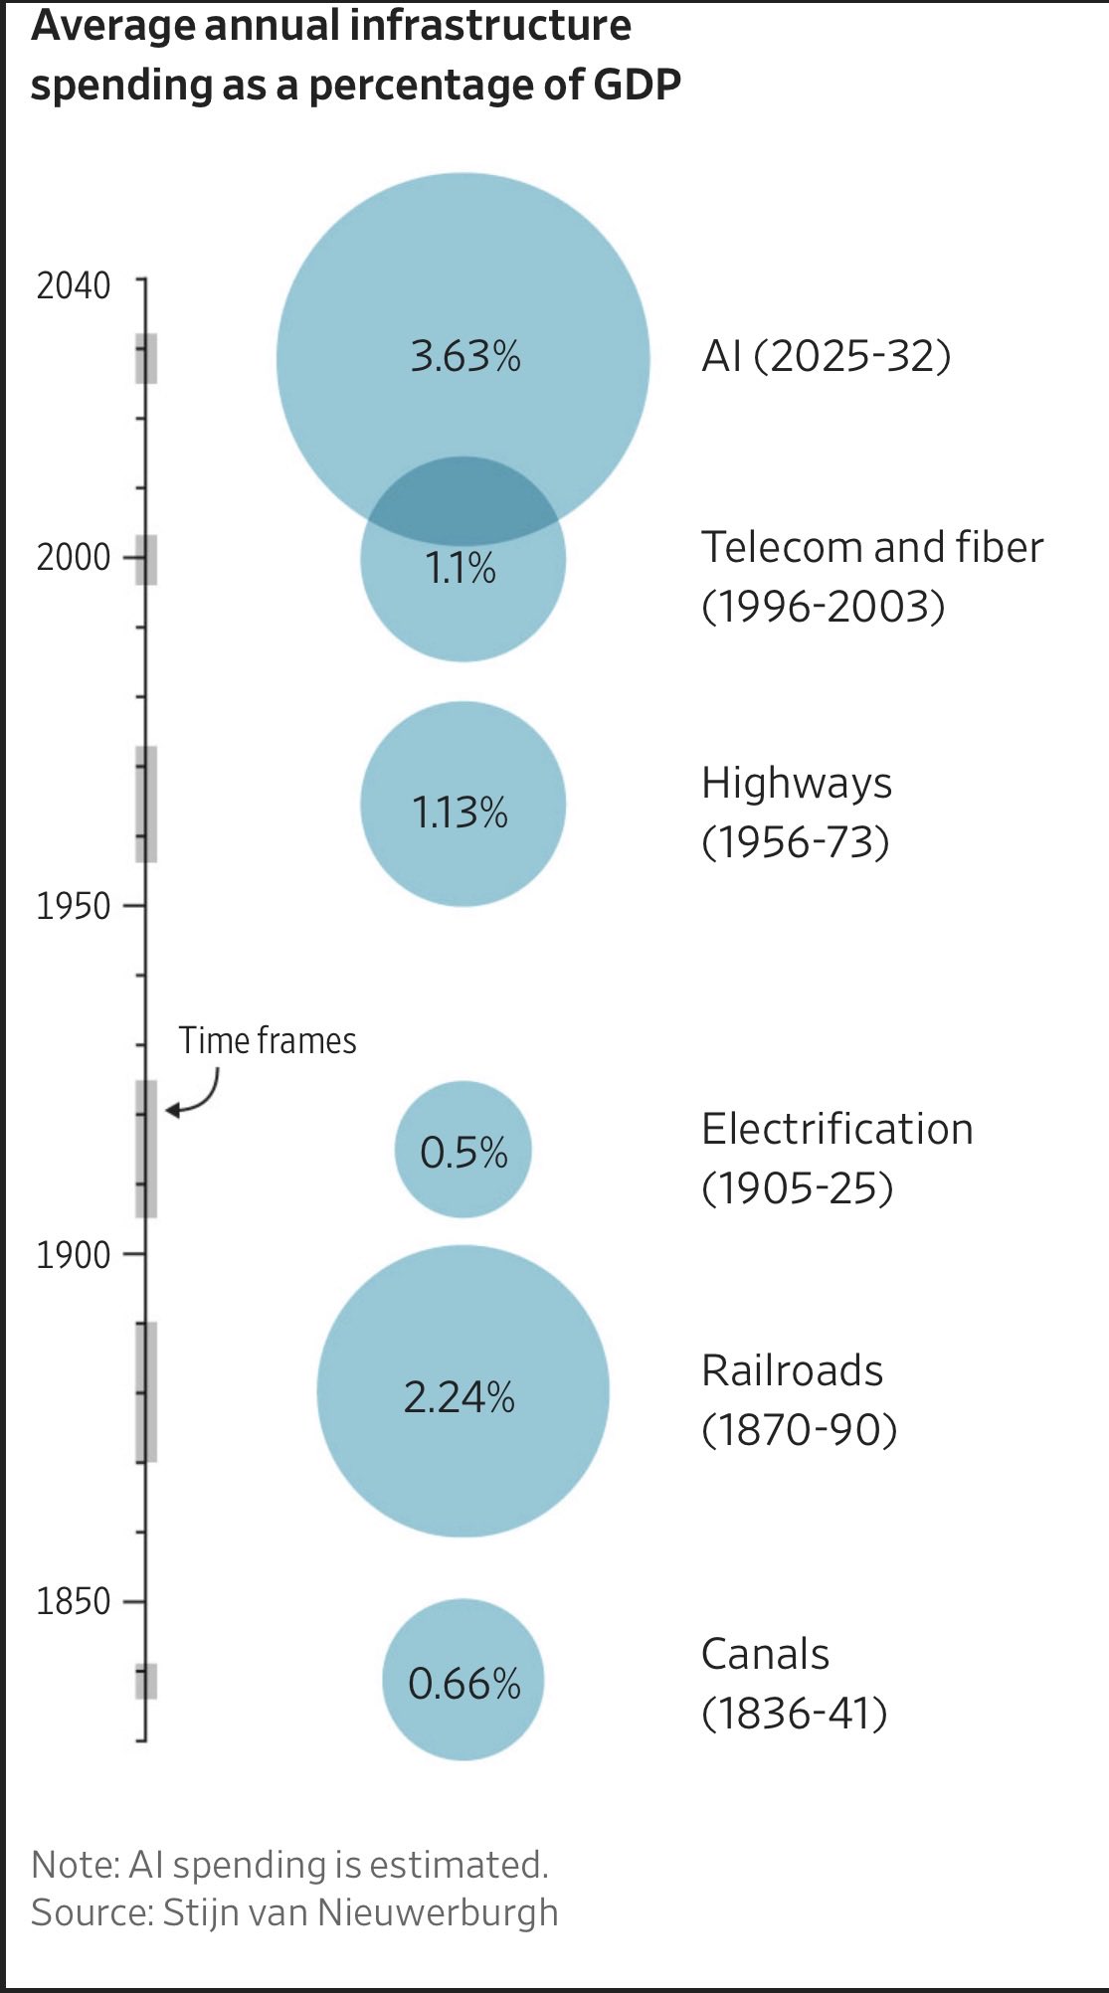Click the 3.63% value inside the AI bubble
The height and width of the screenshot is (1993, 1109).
coord(465,356)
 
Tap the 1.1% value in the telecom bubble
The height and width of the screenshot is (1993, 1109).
coord(461,568)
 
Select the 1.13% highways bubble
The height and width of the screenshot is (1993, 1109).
coord(462,804)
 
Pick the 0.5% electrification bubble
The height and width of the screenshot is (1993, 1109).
coord(462,1149)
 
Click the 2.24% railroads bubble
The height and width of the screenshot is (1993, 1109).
coord(462,1390)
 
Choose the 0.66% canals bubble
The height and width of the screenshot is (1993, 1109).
coord(462,1680)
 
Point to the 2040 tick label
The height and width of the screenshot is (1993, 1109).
coord(74,286)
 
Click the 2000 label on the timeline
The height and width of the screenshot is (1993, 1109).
coord(74,557)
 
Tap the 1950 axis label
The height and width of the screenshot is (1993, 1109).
coord(74,906)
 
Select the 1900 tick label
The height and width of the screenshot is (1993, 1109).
coord(74,1255)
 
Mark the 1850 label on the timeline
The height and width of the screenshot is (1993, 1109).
coord(74,1601)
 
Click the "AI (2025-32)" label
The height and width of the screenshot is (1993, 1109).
coord(827,356)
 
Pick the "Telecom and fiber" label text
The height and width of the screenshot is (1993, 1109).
coord(872,547)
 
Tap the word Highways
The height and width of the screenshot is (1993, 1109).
coord(797,784)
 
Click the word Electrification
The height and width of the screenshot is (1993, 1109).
coord(837,1129)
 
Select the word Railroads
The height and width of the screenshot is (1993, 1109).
coord(793,1370)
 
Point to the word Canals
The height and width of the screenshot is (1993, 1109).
coord(765,1654)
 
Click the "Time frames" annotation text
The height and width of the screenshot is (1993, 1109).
coord(268,1040)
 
